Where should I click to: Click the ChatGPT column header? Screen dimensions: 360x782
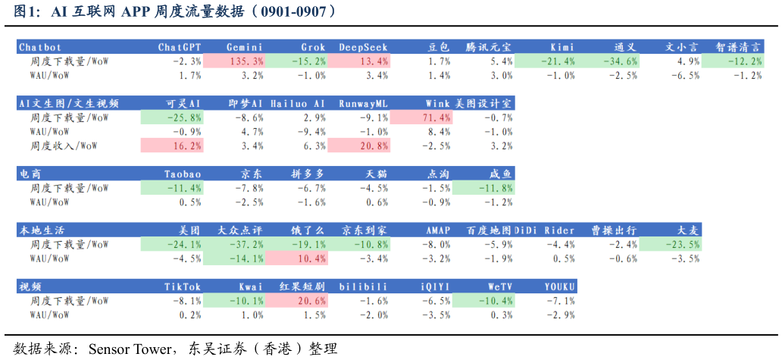tap(180, 47)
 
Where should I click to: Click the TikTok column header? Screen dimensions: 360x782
tap(183, 286)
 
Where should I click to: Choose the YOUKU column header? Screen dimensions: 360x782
tap(560, 286)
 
